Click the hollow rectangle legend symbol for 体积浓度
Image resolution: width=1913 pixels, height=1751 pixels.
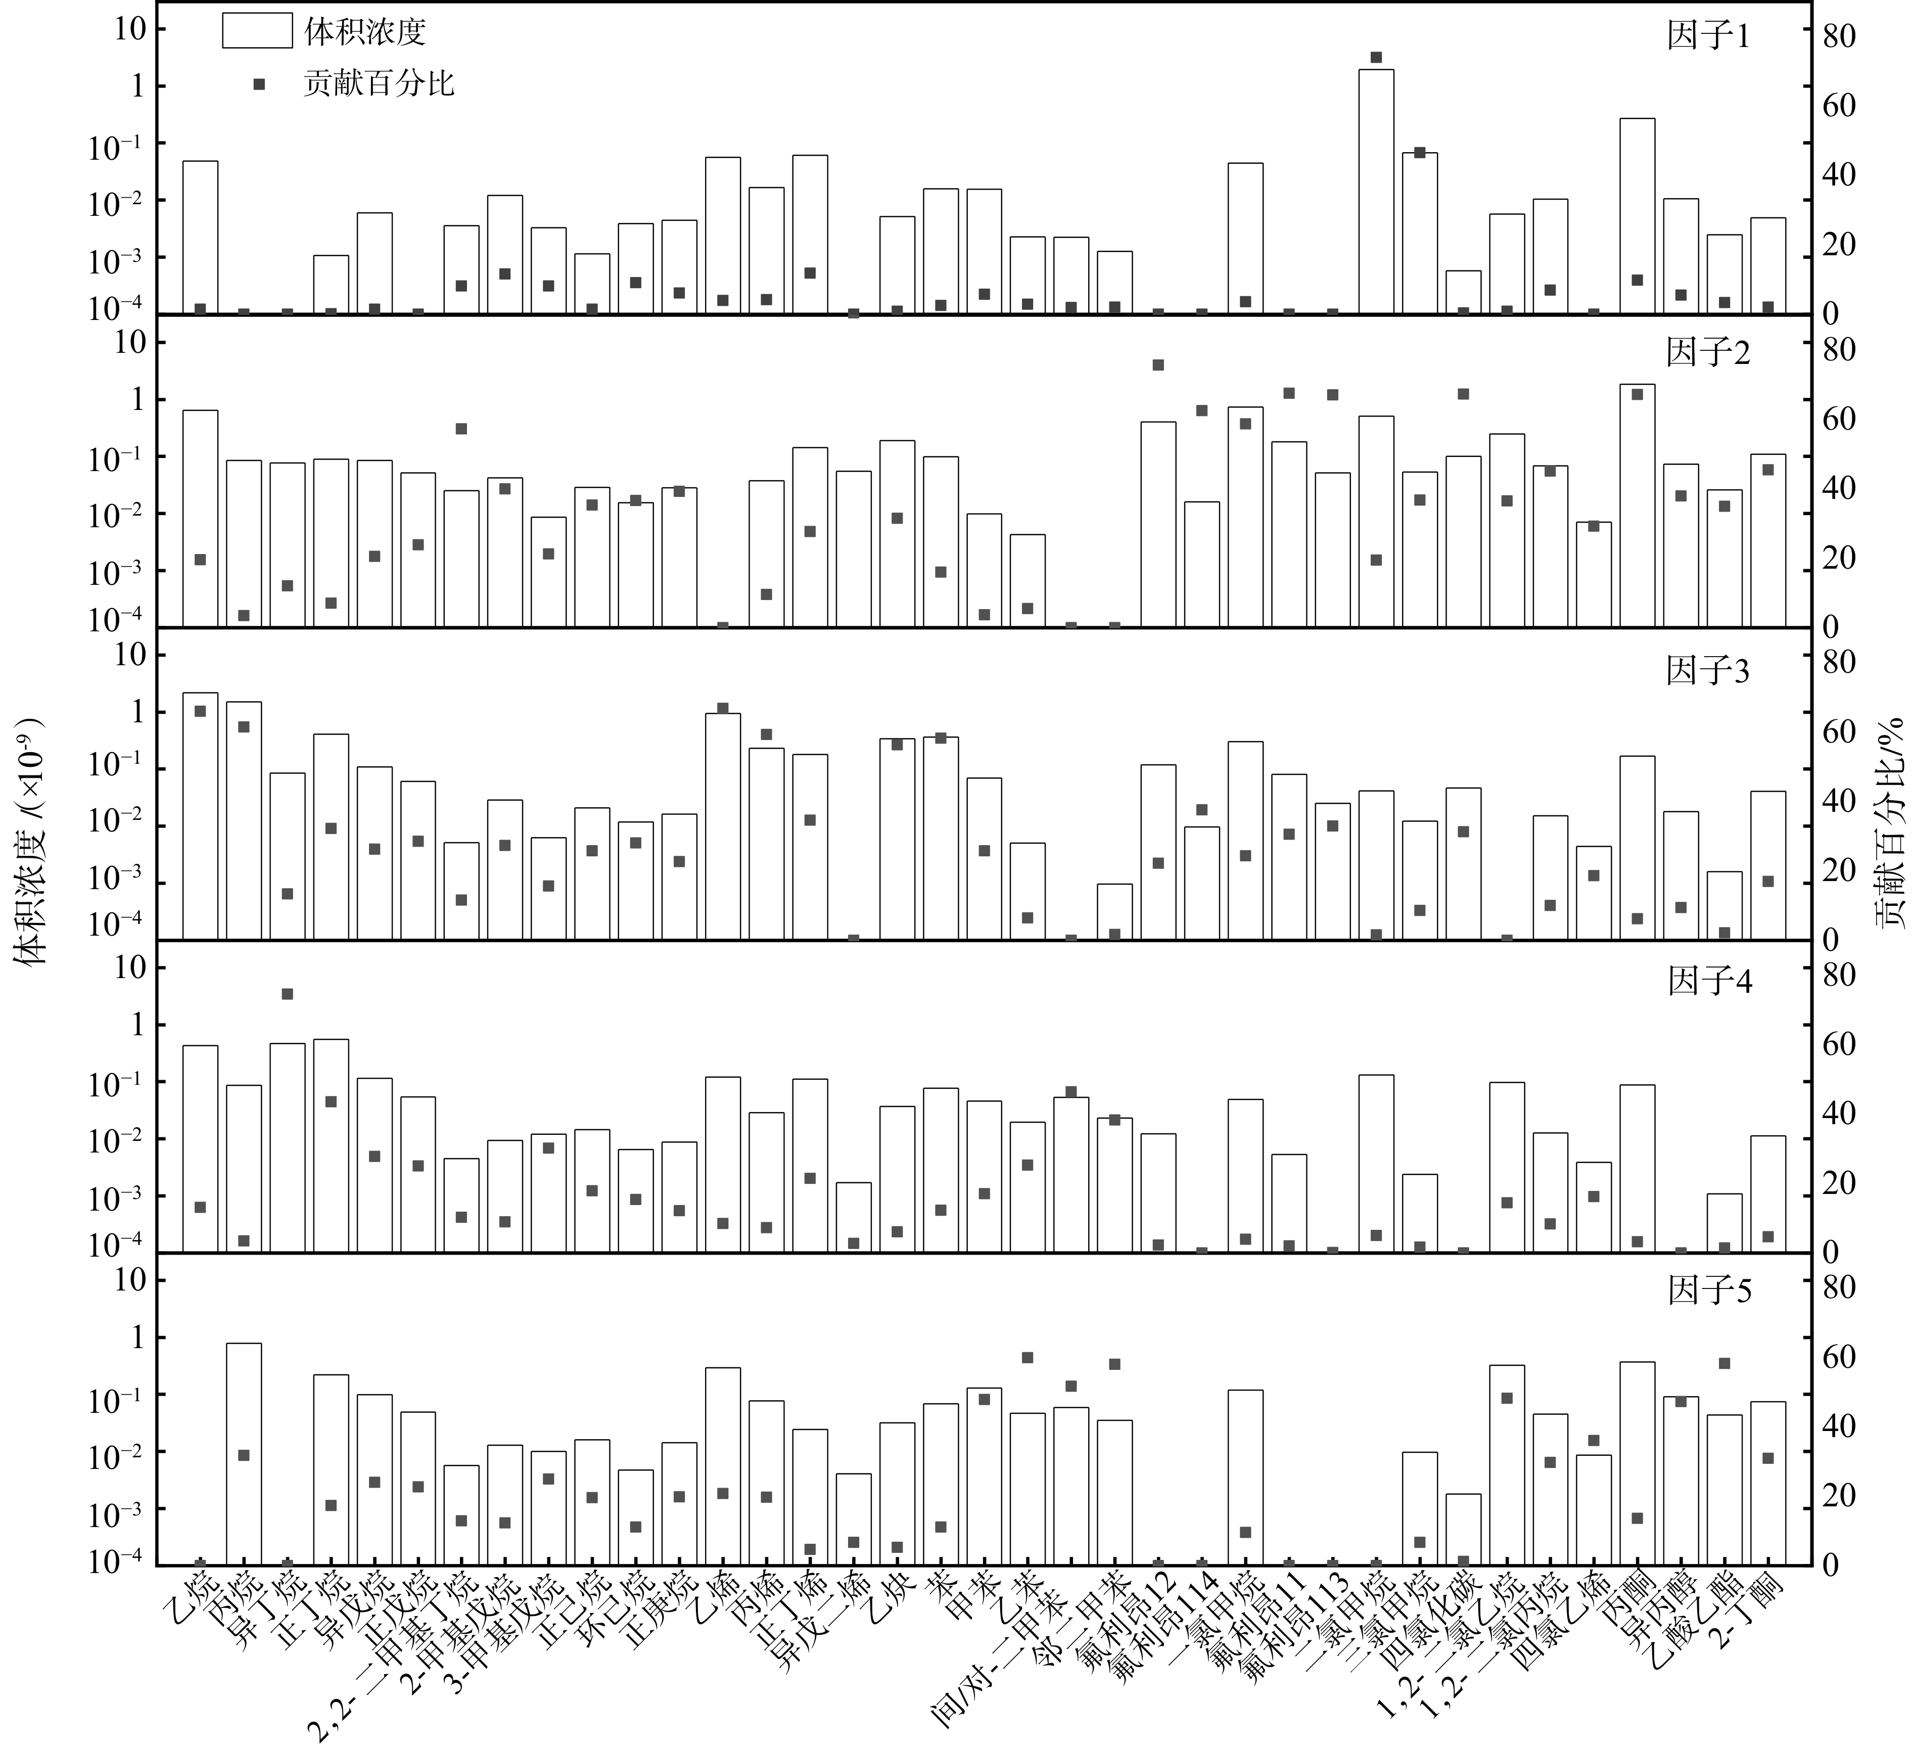256,31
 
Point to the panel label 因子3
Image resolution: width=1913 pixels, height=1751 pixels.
1708,671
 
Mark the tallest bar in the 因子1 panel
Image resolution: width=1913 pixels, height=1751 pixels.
1376,190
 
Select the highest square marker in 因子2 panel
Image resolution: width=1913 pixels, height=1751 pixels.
1158,364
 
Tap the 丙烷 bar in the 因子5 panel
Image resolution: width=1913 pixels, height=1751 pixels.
244,1452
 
